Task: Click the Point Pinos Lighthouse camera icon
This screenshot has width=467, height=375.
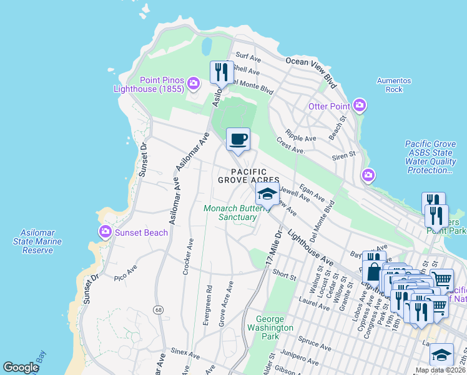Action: tap(194, 82)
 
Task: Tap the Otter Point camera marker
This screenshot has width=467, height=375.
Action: tap(359, 106)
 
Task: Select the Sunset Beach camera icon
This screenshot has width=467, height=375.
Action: tap(105, 232)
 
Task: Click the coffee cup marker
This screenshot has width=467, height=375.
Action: tap(237, 139)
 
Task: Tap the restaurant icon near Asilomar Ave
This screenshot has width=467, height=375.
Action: tap(221, 73)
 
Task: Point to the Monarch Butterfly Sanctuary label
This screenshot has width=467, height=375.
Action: tap(230, 212)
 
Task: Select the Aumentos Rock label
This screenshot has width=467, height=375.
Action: tap(394, 85)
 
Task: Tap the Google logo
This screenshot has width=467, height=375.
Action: tap(21, 367)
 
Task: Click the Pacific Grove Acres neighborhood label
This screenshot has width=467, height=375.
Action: tap(242, 176)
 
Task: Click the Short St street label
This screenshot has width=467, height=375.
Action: tap(283, 274)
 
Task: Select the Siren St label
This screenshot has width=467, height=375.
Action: tap(344, 154)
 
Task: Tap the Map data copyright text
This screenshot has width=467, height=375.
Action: tap(440, 370)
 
